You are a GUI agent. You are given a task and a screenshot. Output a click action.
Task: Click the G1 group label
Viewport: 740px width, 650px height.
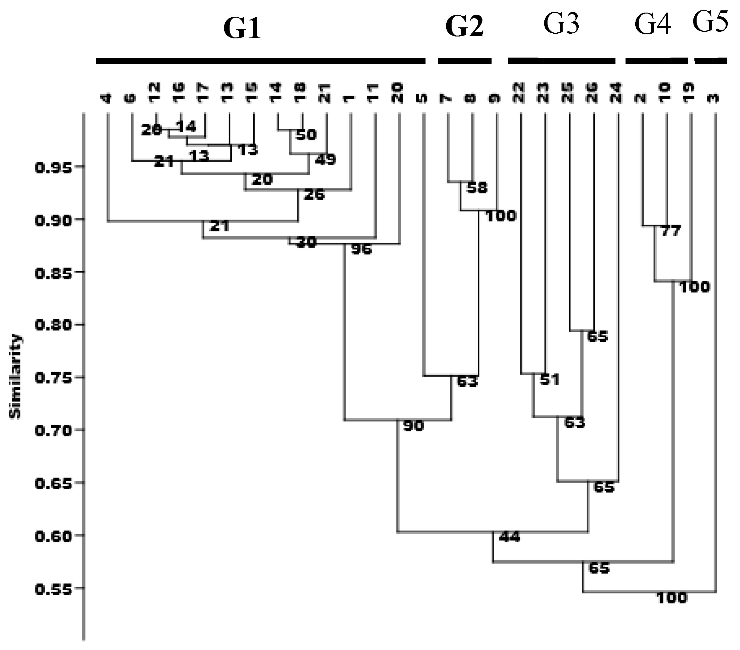(x=242, y=29)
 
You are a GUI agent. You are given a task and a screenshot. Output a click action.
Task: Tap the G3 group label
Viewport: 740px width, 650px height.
(x=561, y=24)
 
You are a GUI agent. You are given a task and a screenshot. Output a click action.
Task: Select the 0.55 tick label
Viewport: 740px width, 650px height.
(x=54, y=590)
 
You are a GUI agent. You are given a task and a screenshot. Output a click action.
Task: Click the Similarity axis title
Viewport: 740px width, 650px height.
(x=15, y=377)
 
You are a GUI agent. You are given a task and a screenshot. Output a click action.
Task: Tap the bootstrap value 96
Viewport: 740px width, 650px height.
(x=361, y=249)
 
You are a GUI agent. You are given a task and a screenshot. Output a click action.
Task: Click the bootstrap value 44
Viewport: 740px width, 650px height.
(x=509, y=537)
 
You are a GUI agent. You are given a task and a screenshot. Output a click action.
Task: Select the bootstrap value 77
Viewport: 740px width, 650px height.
(x=671, y=231)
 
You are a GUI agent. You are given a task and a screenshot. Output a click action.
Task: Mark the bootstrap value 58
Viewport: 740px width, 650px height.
(x=477, y=188)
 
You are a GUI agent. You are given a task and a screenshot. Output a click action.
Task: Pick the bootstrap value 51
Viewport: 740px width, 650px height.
(x=549, y=379)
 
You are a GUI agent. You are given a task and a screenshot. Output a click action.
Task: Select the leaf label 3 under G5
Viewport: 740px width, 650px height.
(x=714, y=98)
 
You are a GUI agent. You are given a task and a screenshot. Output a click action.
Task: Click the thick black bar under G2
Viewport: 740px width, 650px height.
(x=465, y=61)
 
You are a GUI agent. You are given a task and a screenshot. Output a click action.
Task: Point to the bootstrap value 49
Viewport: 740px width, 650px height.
(x=325, y=159)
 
